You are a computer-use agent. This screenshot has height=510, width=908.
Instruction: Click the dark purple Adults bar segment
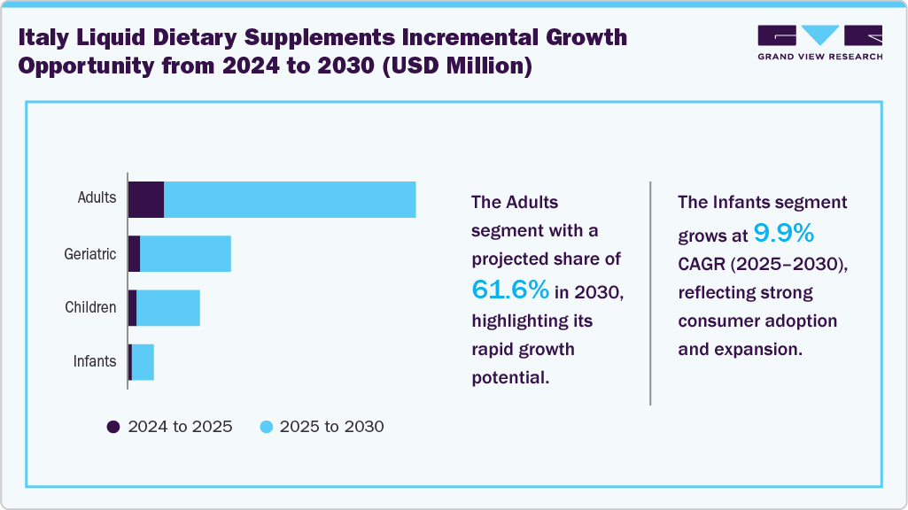click(146, 199)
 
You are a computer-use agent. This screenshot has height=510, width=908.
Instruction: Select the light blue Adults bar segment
click(290, 199)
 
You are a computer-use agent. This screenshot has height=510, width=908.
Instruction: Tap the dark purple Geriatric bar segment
click(134, 254)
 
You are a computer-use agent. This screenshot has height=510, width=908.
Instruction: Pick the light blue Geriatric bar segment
click(185, 254)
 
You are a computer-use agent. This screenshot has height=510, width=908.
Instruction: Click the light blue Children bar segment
click(167, 307)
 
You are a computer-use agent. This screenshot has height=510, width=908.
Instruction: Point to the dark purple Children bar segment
click(132, 307)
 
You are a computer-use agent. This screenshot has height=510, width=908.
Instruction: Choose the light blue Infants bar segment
click(143, 362)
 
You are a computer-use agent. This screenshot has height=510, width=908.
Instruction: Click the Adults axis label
click(97, 197)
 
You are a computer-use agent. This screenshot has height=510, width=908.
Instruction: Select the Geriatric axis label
click(89, 254)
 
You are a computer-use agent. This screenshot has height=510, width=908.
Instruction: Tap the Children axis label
click(90, 307)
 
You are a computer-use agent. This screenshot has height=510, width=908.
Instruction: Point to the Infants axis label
click(94, 361)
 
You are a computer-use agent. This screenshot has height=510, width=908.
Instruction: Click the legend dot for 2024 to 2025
click(113, 427)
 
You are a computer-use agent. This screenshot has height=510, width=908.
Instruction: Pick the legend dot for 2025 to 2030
click(266, 427)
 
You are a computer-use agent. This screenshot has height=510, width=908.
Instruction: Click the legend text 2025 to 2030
click(331, 427)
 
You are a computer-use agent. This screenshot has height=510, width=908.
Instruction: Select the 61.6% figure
click(510, 289)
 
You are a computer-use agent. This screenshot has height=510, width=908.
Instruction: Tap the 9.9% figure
click(783, 235)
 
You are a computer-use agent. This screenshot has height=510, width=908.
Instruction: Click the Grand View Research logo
click(819, 42)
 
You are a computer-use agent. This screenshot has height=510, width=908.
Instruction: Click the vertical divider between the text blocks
click(650, 293)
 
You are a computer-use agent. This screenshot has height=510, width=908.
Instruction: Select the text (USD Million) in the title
click(456, 66)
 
